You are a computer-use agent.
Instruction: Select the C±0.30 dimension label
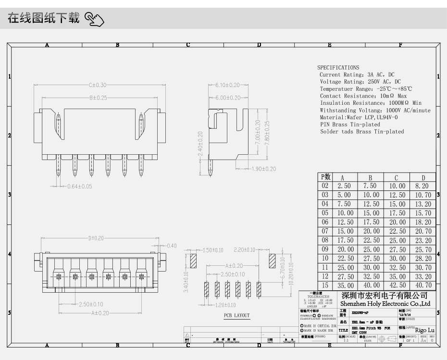(98, 85)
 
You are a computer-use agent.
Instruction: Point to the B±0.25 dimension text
(98, 98)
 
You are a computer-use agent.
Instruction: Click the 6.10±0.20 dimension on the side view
(227, 85)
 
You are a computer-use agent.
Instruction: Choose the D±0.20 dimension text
(96, 238)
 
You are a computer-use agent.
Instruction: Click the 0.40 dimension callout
(171, 246)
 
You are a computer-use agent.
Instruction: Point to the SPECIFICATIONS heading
(338, 68)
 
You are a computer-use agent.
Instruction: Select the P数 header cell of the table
(325, 177)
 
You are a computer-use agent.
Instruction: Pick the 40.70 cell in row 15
(422, 286)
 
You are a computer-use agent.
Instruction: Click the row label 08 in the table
(325, 240)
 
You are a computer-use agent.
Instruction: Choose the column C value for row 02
(397, 186)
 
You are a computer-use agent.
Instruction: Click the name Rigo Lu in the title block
(424, 330)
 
